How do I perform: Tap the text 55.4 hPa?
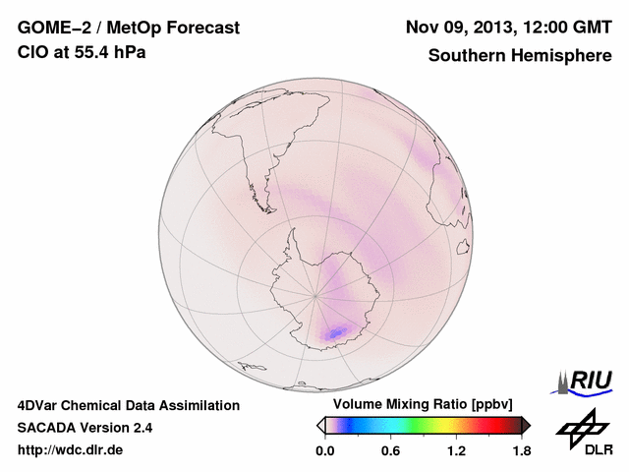pyautogui.click(x=109, y=52)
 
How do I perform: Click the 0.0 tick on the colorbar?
pyautogui.click(x=326, y=451)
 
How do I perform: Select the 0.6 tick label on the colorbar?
pyautogui.click(x=390, y=451)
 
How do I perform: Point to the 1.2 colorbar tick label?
pyautogui.click(x=455, y=451)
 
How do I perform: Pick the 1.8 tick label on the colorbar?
pyautogui.click(x=520, y=451)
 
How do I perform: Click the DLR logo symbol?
pyautogui.click(x=581, y=428)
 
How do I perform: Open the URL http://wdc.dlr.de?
pyautogui.click(x=71, y=451)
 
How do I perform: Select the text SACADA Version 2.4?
pyautogui.click(x=85, y=428)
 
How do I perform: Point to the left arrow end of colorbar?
pyautogui.click(x=321, y=425)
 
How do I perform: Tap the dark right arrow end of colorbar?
pyautogui.click(x=526, y=425)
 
